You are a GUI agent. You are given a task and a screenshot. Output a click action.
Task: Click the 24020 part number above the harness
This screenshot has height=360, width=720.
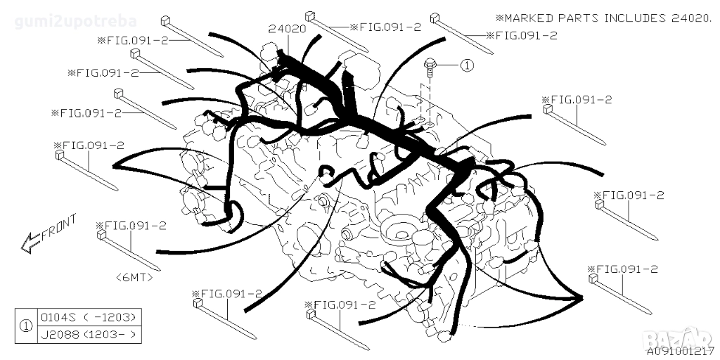tap(287, 30)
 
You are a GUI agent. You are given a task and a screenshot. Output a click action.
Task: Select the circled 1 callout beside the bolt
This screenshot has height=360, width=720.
tap(466, 65)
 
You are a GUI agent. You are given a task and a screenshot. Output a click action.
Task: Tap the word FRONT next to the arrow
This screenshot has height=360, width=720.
tap(59, 227)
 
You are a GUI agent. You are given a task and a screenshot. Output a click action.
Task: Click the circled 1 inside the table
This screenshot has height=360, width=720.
tap(26, 326)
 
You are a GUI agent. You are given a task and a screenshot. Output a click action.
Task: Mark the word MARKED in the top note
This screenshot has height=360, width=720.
tap(529, 18)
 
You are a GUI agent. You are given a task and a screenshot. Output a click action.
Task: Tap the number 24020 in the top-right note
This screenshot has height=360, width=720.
tap(684, 18)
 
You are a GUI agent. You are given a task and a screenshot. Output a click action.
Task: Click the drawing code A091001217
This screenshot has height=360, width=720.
tap(681, 352)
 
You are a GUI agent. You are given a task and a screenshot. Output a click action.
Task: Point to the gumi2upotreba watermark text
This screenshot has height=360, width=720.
tap(76, 21)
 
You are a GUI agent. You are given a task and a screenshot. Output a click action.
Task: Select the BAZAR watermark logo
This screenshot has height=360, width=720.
tap(678, 339)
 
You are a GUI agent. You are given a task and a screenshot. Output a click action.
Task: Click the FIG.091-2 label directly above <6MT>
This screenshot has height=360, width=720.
tap(131, 226)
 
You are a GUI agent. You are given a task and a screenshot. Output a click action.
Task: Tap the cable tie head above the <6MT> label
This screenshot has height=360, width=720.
tap(101, 235)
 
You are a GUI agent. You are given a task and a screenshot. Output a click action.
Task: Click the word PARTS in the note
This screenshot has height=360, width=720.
tap(579, 18)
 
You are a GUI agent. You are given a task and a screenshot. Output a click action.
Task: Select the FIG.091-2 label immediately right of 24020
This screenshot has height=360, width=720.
tap(385, 27)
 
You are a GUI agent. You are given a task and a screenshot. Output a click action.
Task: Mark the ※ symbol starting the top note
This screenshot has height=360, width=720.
tap(500, 18)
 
